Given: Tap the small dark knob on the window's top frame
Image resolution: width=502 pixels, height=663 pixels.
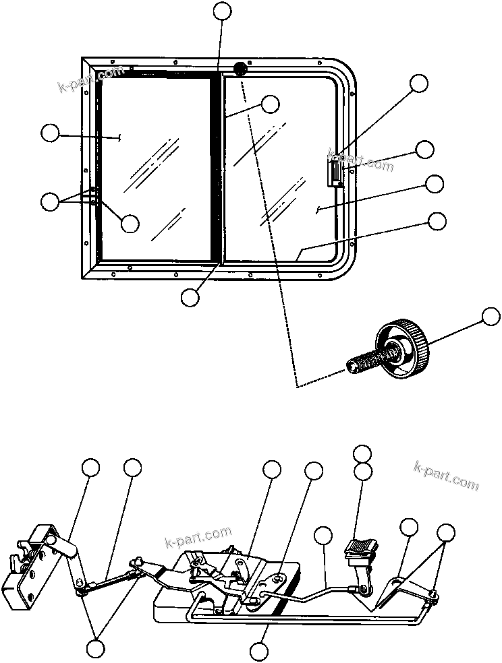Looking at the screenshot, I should (240, 69).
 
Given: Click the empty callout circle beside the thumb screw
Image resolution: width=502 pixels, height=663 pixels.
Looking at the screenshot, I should (491, 317).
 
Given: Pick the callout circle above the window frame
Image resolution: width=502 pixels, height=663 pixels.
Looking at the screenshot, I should (221, 10).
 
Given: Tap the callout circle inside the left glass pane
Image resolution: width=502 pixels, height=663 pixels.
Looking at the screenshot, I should (130, 223).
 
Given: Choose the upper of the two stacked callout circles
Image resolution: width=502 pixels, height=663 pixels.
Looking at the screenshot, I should (363, 453).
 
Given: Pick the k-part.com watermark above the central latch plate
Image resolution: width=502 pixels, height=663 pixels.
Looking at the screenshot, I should (198, 538).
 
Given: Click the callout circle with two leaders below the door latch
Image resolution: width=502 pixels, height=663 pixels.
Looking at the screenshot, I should (96, 648).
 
